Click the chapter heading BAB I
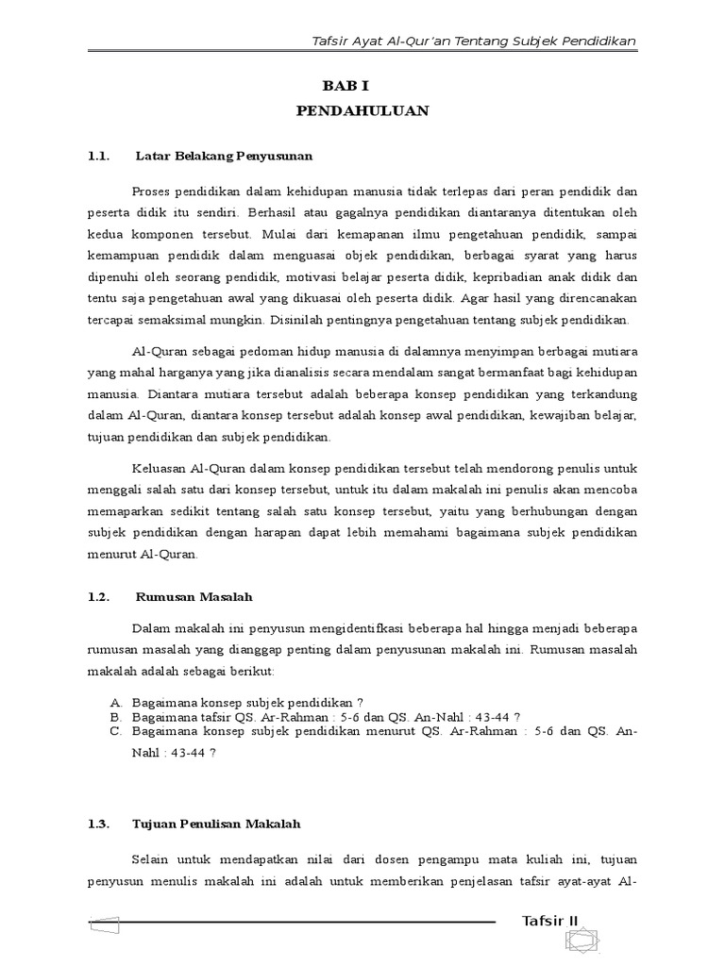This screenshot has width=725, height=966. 362,85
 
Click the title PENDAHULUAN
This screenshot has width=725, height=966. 362,111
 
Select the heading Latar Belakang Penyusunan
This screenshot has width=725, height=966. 224,154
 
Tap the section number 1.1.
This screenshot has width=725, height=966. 99,154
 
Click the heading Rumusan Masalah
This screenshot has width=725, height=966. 194,597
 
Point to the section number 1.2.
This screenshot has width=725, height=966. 99,597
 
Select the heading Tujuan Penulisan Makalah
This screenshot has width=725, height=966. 217,824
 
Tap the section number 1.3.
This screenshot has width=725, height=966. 99,824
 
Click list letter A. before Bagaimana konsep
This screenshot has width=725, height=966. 115,703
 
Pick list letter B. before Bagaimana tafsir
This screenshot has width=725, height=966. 115,717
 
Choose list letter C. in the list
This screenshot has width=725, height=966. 115,731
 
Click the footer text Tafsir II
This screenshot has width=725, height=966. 555,921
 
